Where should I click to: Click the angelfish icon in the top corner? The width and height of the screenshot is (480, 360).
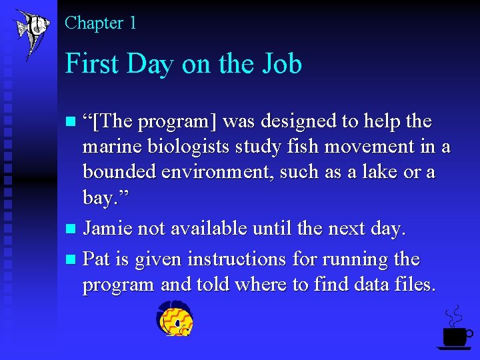[x=31, y=31]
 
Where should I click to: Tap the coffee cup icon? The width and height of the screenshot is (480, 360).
[x=455, y=336]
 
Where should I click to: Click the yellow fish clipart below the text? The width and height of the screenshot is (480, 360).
[x=175, y=319]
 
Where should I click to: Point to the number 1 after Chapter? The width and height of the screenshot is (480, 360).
[x=133, y=23]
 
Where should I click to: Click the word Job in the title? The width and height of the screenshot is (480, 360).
[x=279, y=64]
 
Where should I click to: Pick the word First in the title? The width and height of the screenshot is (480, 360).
[x=91, y=64]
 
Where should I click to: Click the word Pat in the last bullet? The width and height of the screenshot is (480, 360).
[x=97, y=259]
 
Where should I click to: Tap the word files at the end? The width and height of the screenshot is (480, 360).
[x=415, y=285]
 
